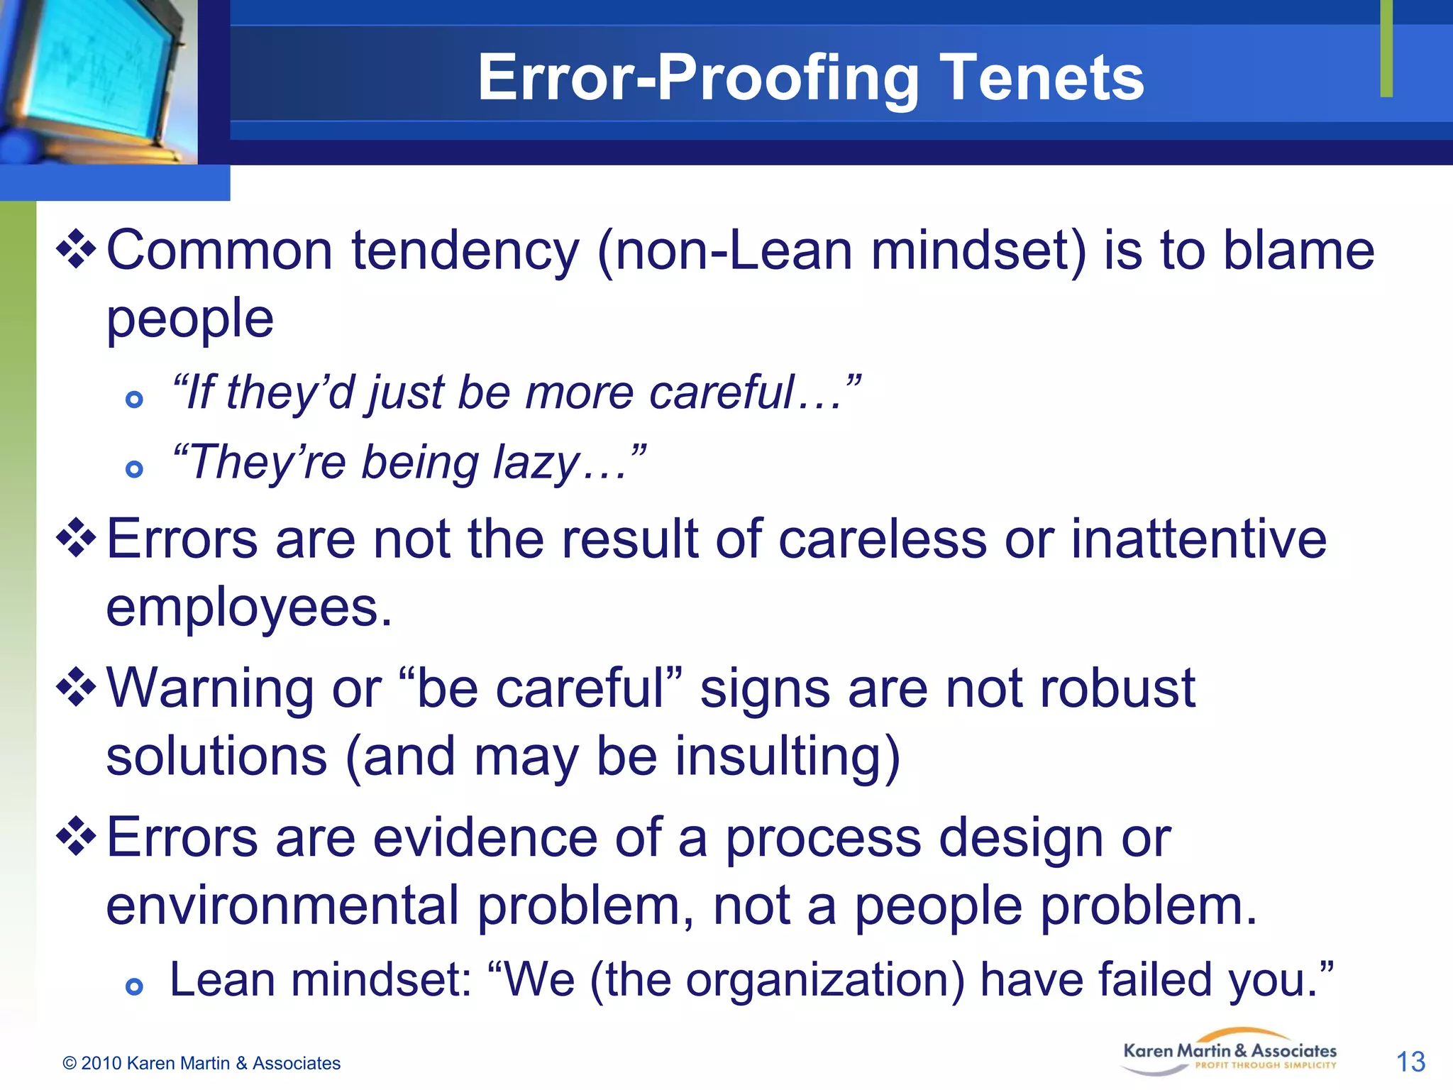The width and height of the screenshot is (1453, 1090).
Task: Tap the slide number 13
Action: point(1410,1062)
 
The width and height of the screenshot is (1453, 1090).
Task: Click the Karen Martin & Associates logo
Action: point(1230,1052)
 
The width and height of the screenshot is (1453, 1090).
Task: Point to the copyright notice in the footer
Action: point(201,1063)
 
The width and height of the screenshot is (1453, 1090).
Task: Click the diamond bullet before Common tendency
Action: point(77,250)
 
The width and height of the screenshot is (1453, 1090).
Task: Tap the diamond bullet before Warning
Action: point(77,688)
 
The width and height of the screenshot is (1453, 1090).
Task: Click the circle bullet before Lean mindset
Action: point(134,986)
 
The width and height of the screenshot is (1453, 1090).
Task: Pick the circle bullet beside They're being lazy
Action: point(134,468)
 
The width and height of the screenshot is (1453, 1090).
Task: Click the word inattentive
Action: point(1198,539)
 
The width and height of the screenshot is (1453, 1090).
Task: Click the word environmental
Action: point(282,905)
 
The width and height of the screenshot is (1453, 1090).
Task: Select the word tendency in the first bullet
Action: point(465,251)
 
